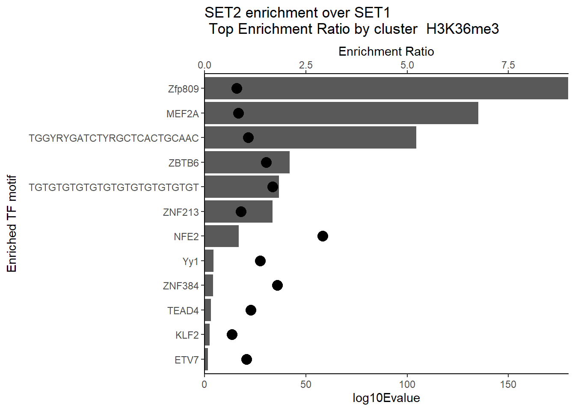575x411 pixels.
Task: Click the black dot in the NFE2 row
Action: tap(323, 236)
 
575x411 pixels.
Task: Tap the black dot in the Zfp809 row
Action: tap(237, 89)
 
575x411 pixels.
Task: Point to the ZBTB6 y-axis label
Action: tap(184, 163)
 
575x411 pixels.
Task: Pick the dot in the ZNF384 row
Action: tap(277, 285)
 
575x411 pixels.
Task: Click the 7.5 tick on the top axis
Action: tap(508, 65)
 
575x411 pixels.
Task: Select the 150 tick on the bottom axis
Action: tap(508, 384)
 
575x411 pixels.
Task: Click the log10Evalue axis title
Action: tap(386, 398)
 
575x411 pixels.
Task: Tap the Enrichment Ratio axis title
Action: tap(386, 51)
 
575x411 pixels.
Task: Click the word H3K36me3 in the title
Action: tap(462, 29)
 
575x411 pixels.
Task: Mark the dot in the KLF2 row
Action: tap(232, 334)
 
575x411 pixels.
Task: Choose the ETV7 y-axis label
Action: tap(187, 360)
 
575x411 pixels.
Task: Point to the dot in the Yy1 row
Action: tap(260, 261)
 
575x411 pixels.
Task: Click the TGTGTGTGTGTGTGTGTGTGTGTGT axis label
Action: tap(114, 188)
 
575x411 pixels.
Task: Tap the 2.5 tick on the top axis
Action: tap(305, 65)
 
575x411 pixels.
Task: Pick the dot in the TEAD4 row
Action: tap(251, 310)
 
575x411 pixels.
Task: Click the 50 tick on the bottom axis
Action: tap(305, 384)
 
